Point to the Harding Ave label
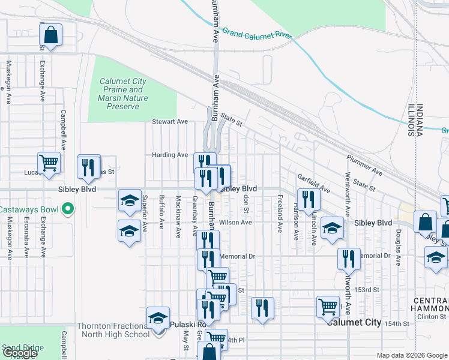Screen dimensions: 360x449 click(170, 155)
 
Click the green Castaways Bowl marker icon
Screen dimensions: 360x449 click(68, 209)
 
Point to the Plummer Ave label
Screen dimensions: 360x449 click(364, 166)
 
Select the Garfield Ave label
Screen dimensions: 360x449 click(314, 183)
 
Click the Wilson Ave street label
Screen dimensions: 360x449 click(235, 222)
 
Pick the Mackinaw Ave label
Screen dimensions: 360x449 click(178, 217)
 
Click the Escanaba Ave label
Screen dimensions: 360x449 click(26, 238)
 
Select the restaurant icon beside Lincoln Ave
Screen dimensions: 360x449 click(307, 199)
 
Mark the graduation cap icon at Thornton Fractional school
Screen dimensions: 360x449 click(158, 317)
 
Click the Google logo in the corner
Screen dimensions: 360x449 click(20, 353)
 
